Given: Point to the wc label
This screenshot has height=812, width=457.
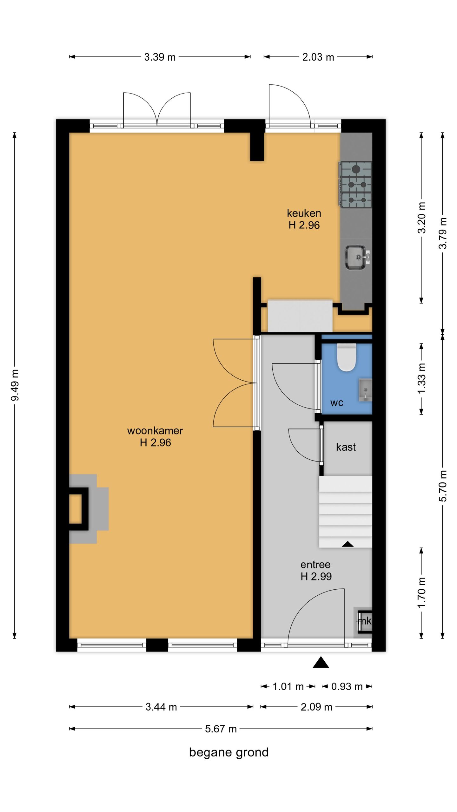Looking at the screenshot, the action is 337,403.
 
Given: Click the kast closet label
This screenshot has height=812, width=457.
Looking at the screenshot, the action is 346,447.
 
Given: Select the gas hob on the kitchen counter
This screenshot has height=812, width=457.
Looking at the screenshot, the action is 355,185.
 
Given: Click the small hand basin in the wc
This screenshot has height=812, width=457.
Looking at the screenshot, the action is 365,390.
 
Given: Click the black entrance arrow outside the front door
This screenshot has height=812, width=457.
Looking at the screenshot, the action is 321,662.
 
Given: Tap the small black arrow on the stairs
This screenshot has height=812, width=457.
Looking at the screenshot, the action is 348,544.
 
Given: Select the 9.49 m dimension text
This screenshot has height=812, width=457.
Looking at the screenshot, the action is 15,385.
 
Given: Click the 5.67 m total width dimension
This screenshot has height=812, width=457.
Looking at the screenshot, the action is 221,729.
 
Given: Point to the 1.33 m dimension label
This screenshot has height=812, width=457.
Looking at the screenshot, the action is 421,379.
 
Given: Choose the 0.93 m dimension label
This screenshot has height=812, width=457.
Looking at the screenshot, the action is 347,687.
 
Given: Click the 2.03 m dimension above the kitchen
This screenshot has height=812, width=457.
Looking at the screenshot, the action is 318,57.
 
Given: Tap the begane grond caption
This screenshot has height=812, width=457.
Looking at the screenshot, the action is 229,752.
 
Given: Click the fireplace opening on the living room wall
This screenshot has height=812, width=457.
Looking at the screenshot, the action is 75,509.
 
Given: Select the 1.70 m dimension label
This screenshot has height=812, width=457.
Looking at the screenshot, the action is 421,593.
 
